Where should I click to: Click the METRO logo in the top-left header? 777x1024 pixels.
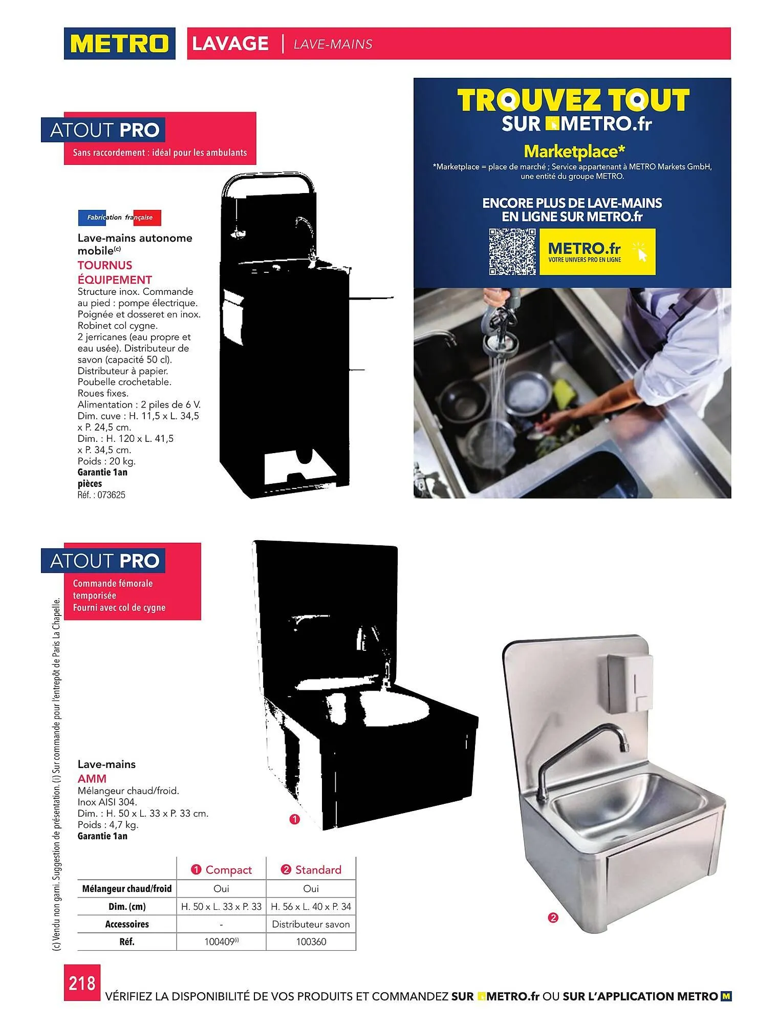[x=119, y=44]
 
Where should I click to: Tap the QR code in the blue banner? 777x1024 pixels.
[x=512, y=252]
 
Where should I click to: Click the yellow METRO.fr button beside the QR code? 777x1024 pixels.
[x=597, y=252]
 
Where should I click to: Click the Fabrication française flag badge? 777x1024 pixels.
[x=119, y=218]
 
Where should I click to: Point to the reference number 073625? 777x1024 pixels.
[x=111, y=495]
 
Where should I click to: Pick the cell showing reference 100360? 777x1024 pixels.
[x=311, y=942]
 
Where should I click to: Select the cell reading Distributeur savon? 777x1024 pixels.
[x=311, y=924]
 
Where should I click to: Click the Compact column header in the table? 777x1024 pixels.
[x=222, y=870]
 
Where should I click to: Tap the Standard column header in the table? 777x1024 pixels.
[x=311, y=870]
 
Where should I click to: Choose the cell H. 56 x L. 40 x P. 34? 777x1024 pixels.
[x=311, y=907]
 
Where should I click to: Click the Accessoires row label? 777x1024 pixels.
[x=127, y=924]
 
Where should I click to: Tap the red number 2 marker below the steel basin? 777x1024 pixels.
[x=553, y=918]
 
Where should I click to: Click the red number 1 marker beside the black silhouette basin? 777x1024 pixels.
[x=294, y=820]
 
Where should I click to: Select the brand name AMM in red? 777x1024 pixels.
[x=92, y=779]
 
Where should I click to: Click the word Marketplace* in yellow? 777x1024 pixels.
[x=574, y=151]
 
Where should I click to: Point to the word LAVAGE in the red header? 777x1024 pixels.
[x=230, y=44]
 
